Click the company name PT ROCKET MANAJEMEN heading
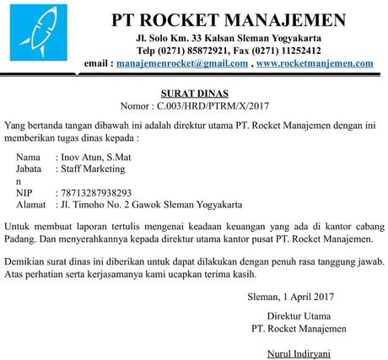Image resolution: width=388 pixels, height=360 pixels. tap(229, 19)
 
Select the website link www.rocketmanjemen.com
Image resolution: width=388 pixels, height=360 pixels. tap(315, 63)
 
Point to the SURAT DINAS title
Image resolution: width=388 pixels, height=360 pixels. tap(194, 94)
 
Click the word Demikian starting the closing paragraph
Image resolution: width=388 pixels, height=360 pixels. tap(28, 261)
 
